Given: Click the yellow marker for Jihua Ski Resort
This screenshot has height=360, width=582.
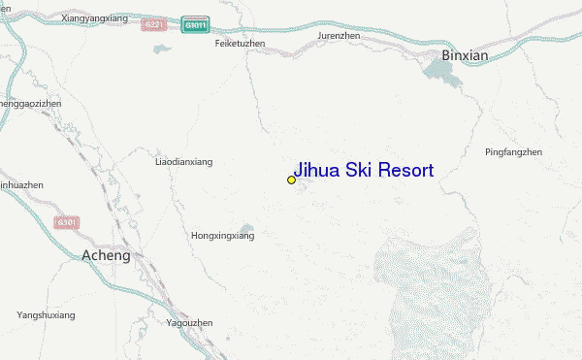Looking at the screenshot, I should (x=291, y=180).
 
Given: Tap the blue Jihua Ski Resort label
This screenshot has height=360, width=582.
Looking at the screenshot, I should (x=363, y=170).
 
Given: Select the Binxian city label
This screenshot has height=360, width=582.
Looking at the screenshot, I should (x=466, y=55).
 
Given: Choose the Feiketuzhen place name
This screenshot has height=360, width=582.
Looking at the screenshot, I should (x=240, y=44).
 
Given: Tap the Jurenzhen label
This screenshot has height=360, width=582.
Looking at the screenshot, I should (x=339, y=36).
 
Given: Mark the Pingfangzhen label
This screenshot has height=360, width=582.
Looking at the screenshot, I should (x=513, y=151).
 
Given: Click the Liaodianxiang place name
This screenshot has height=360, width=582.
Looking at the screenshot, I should (x=183, y=162).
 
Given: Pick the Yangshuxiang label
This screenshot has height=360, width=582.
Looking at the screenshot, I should (x=46, y=314).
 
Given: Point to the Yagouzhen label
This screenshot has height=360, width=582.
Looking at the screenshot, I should (x=189, y=322).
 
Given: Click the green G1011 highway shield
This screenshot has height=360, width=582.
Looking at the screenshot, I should (x=194, y=24).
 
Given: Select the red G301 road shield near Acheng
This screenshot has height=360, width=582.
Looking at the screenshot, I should (x=67, y=223).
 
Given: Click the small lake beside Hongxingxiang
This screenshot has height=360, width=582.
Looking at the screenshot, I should (x=247, y=229).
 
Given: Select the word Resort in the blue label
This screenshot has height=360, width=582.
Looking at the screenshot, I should (x=407, y=171).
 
